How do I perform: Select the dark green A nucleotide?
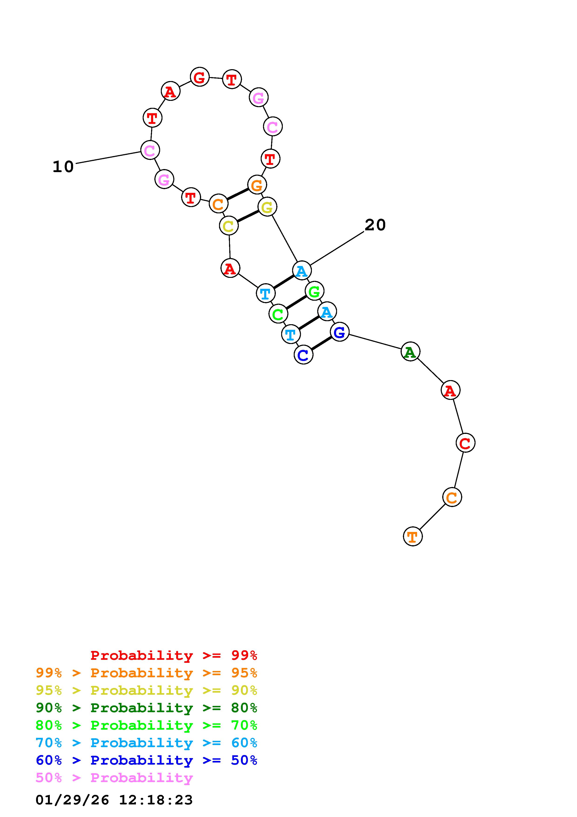point(410,352)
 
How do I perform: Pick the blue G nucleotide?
point(340,332)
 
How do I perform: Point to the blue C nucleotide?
point(303,355)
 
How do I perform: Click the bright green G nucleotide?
point(314,291)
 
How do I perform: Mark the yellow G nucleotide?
point(267,207)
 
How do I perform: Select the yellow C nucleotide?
point(229,226)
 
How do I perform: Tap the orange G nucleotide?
point(257,185)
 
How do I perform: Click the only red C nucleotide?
point(465,443)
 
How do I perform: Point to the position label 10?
point(63,167)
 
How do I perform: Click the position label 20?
point(375,225)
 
